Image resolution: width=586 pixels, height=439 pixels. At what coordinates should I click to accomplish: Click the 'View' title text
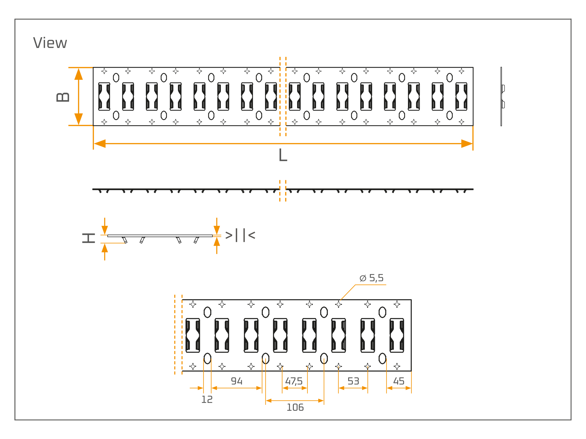(50, 43)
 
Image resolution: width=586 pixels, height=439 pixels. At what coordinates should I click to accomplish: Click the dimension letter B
(63, 97)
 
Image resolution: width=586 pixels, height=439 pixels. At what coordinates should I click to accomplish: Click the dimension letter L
(283, 155)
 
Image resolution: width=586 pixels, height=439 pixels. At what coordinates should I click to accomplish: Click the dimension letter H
(89, 238)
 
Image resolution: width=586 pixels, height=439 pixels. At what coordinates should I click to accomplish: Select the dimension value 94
(236, 381)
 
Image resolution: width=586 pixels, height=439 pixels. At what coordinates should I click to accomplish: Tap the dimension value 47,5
(294, 382)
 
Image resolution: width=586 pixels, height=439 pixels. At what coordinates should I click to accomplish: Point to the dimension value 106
(295, 407)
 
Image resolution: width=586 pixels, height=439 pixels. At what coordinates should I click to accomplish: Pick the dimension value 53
(353, 381)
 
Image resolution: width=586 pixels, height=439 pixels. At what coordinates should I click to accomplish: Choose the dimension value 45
(399, 381)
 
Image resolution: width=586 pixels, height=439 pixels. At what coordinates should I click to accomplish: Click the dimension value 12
(207, 400)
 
